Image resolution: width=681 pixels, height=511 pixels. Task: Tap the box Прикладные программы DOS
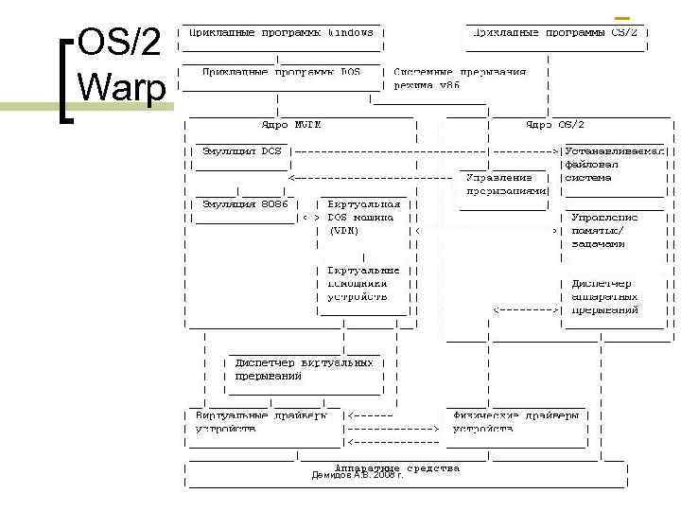click(281, 72)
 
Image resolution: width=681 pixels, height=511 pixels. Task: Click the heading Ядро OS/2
click(555, 124)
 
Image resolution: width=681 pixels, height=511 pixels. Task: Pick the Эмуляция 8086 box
click(240, 204)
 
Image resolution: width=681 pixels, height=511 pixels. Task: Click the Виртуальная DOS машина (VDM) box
click(363, 217)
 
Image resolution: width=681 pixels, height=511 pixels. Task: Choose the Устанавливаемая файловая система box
click(615, 164)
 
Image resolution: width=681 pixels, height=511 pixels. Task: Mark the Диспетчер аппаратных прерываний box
click(606, 296)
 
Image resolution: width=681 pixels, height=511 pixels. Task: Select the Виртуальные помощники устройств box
click(363, 283)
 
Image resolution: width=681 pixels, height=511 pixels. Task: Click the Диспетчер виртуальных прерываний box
click(303, 370)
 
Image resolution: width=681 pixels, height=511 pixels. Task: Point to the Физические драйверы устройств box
click(515, 422)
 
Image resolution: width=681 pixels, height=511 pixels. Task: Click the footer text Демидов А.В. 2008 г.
click(357, 475)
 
